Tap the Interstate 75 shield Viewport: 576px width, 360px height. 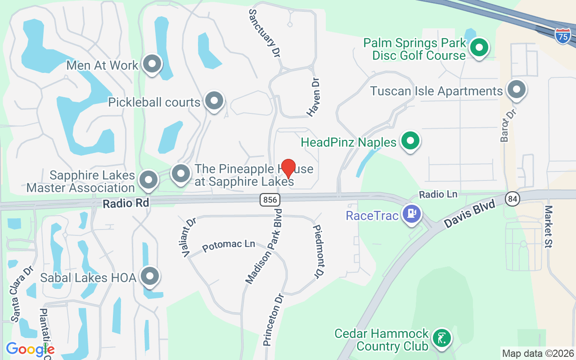562,36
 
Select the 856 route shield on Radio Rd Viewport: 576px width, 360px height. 270,200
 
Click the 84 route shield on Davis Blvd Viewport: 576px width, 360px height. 511,198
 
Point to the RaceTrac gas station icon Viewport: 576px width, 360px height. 412,213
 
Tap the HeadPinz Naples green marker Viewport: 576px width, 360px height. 410,141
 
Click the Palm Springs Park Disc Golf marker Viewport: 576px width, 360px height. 480,47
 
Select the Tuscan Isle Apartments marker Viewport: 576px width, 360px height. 517,90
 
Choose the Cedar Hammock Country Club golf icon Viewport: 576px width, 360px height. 441,338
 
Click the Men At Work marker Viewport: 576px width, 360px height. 152,64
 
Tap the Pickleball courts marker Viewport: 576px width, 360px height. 214,101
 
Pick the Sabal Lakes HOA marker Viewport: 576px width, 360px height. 150,276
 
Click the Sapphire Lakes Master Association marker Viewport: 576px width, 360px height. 148,180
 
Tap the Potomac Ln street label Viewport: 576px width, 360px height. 229,246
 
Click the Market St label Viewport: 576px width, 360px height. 549,226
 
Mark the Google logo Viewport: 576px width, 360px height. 30,349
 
